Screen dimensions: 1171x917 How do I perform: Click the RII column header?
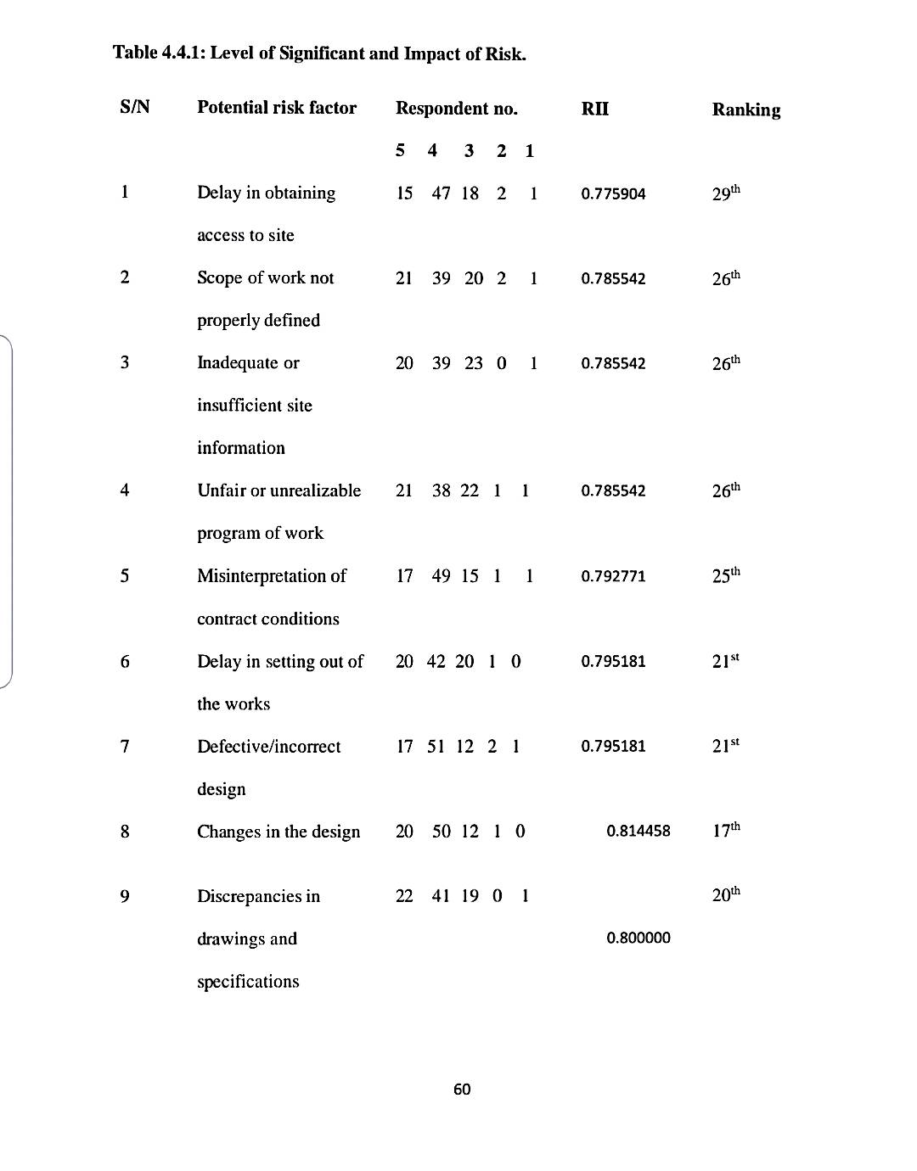(594, 109)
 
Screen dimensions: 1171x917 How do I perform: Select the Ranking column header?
(745, 109)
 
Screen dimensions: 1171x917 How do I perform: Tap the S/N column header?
(135, 108)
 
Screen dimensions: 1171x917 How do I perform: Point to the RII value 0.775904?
(613, 193)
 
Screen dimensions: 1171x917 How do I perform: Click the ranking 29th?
(725, 193)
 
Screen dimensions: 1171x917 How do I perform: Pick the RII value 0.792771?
(613, 576)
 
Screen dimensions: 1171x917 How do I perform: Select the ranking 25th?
(725, 575)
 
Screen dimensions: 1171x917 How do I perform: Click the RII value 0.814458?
(638, 831)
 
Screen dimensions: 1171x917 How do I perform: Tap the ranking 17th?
(725, 830)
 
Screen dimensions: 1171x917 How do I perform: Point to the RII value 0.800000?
(638, 938)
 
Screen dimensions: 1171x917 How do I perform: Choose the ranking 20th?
(725, 894)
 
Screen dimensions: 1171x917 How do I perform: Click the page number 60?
(462, 1090)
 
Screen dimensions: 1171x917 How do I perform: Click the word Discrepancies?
(250, 896)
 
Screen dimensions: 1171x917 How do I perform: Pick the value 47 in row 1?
(441, 193)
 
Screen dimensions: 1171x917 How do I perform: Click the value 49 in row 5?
(441, 576)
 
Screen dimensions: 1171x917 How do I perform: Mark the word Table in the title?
(135, 53)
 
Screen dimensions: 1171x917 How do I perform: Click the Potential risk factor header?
(277, 108)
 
